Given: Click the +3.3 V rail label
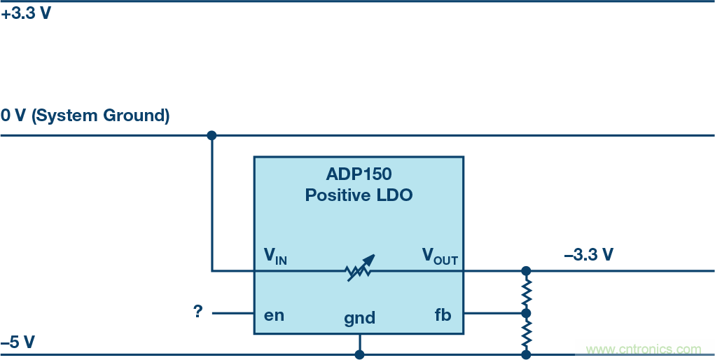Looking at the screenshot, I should click(26, 13).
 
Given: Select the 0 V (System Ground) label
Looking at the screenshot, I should click(85, 116).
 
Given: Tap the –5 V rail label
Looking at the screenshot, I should click(18, 342).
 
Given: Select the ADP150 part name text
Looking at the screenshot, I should click(359, 174).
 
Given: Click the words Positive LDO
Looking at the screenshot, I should click(359, 195).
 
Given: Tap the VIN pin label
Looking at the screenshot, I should click(275, 256).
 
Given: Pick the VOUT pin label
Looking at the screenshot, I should click(439, 256).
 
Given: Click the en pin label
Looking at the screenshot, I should click(274, 314).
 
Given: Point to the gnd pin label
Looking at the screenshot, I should click(359, 318).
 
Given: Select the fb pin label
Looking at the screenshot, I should click(443, 314).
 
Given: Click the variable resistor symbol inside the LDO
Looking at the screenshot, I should click(360, 269).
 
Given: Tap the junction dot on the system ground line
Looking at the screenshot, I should click(211, 135).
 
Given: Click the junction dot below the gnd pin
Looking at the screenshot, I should click(359, 354).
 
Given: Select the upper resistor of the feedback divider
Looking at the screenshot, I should click(526, 291).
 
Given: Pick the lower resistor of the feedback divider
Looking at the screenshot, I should click(526, 334).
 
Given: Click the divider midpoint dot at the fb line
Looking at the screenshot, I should click(526, 313).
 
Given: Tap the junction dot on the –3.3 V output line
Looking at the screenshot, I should click(526, 270).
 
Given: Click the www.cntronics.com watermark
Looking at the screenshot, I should click(643, 349).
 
